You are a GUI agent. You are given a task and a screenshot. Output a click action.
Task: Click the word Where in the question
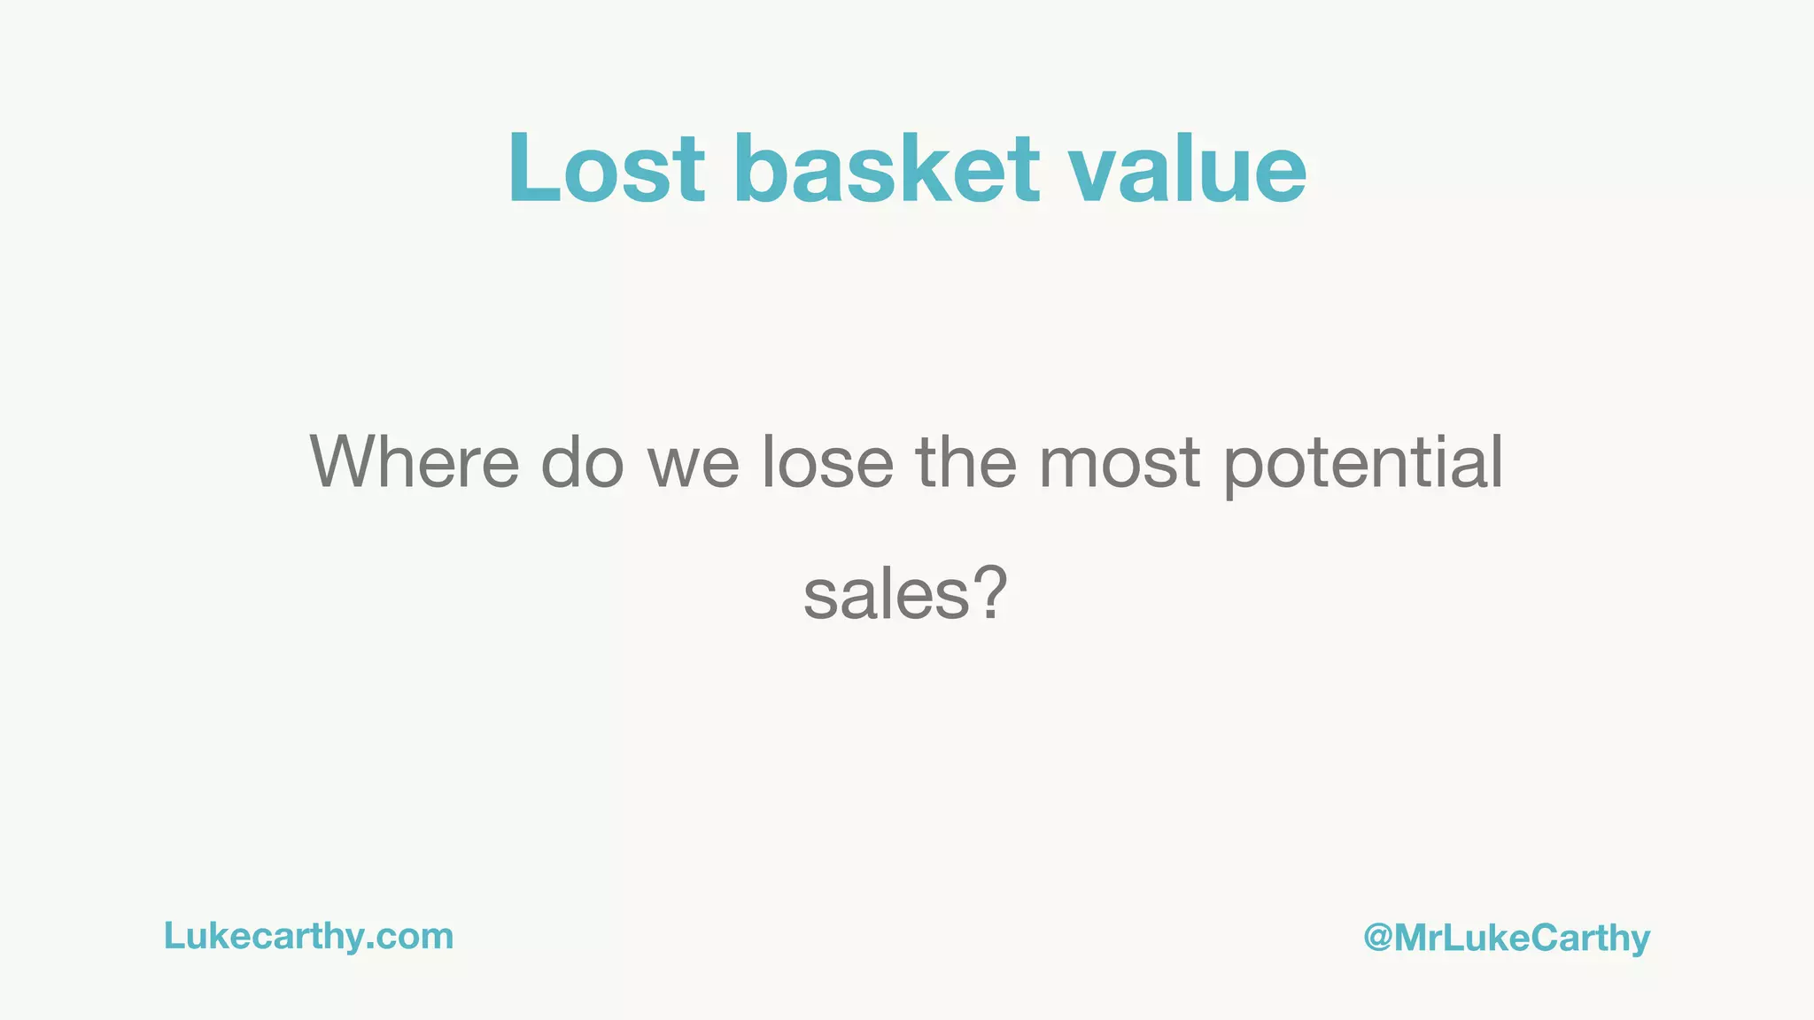click(415, 462)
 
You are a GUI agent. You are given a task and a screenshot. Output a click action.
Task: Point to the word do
click(582, 462)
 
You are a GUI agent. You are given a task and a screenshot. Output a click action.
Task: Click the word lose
click(828, 462)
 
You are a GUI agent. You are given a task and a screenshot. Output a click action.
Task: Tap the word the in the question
click(965, 462)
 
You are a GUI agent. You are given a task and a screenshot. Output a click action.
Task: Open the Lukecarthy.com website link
click(308, 937)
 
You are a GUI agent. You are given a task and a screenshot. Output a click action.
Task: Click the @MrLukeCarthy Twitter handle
click(1507, 939)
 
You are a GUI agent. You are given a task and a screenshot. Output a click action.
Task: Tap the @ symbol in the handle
click(1378, 938)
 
